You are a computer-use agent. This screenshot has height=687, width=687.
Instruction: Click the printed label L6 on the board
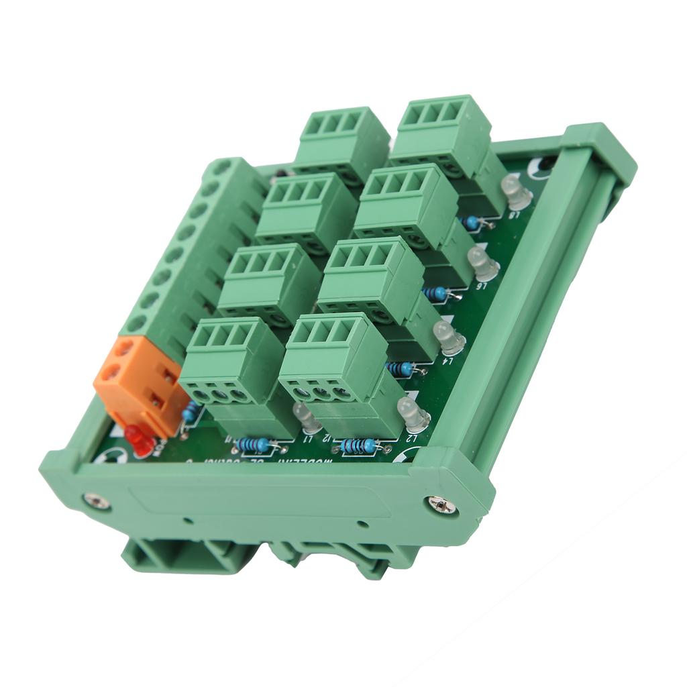tap(480, 286)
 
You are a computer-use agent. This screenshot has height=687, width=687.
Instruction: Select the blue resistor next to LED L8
tap(472, 222)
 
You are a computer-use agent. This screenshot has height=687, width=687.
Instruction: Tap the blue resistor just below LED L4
tap(401, 368)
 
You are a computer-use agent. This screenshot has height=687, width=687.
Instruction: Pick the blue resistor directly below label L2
tap(360, 445)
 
